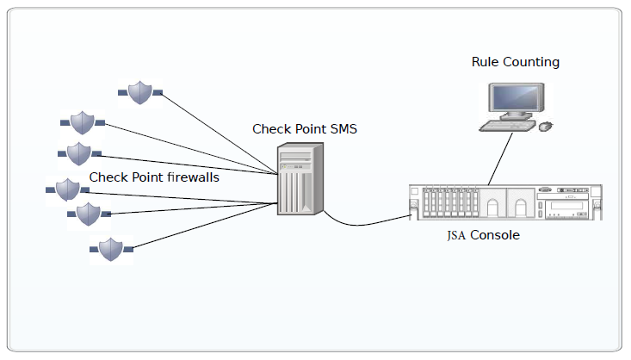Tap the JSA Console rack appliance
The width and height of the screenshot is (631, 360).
504,202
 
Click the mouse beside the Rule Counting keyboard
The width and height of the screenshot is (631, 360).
545,127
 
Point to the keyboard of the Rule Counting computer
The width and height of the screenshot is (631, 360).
506,126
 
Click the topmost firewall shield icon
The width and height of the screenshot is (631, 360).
140,91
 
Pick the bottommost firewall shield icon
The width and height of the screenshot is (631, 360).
110,250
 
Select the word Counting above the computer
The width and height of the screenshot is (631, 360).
531,63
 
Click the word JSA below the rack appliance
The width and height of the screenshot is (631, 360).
457,235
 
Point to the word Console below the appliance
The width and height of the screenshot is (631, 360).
495,234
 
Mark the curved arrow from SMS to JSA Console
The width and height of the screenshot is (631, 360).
362,224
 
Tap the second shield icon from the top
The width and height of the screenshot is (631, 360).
82,122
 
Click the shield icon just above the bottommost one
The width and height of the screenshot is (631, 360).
88,214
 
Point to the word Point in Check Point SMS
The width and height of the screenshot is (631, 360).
308,129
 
